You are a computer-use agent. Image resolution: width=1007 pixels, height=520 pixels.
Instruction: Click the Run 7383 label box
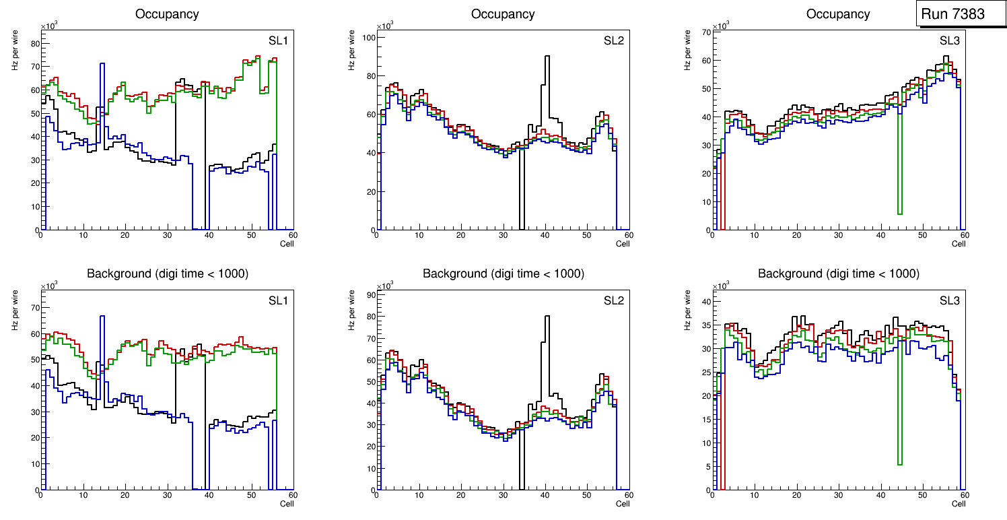click(x=957, y=13)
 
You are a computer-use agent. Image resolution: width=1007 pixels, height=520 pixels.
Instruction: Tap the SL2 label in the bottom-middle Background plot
click(x=613, y=300)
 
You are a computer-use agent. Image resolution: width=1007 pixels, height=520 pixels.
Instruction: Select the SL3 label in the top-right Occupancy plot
click(x=950, y=40)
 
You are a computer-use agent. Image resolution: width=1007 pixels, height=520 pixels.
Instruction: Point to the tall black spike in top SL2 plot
click(x=547, y=57)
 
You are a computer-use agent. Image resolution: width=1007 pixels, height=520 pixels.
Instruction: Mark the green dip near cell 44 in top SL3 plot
click(x=899, y=213)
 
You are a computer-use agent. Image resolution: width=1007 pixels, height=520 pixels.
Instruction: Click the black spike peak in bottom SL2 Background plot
click(x=547, y=317)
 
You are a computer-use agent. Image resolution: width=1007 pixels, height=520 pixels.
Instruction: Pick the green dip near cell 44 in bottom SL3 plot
click(x=899, y=463)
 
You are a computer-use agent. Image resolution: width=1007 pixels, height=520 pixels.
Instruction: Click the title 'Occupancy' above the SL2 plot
click(x=503, y=13)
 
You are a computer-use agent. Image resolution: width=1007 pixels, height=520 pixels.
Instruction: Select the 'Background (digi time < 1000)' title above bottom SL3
click(x=838, y=273)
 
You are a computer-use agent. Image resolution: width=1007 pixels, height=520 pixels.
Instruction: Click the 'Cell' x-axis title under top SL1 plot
click(x=287, y=243)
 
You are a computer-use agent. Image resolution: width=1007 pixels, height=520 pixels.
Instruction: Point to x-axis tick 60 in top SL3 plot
click(x=964, y=235)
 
